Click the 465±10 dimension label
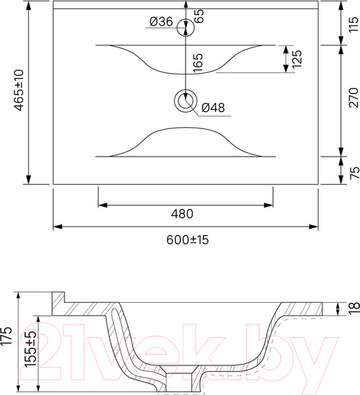pos(19,90)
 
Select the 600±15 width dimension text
pos(188,240)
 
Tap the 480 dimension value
pos(182,214)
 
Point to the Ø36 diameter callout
pos(161,22)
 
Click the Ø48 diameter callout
pos(213,107)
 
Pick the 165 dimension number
pos(198,63)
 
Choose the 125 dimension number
pos(297,59)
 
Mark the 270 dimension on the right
pos(353,97)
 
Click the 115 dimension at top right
pos(353,24)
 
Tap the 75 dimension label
pos(355,172)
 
